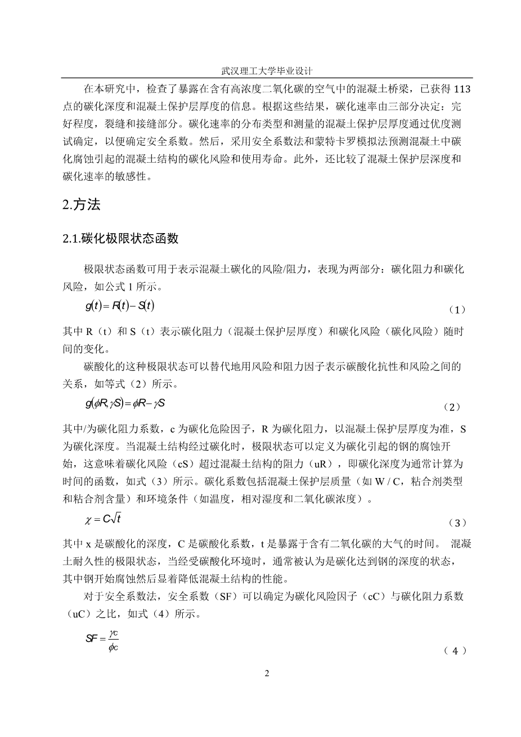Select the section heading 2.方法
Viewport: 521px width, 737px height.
coord(82,205)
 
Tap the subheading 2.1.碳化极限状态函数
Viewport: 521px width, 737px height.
coord(120,238)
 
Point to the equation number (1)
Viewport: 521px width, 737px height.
coord(457,309)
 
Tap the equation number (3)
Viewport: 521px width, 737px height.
coord(457,523)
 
